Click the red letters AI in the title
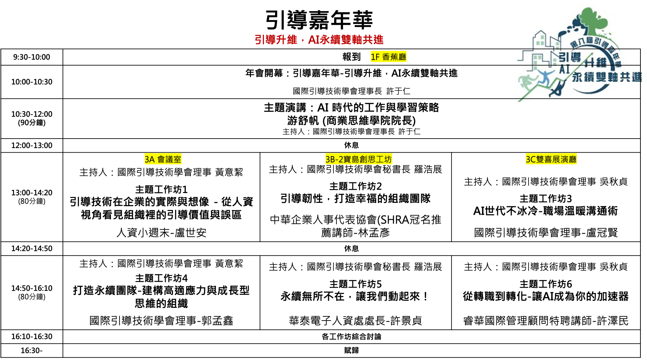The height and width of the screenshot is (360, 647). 314,40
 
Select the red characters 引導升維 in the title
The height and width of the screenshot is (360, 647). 276,40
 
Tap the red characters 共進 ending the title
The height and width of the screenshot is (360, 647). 373,40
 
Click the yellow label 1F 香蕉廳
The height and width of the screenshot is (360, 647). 388,57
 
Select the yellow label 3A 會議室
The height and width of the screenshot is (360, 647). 163,159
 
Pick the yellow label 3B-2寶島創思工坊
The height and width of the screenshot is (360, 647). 359,159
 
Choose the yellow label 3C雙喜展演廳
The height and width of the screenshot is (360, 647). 551,159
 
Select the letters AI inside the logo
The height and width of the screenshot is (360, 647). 564,69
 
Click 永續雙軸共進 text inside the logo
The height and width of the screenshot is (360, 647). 607,77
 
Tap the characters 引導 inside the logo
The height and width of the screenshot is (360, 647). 570,57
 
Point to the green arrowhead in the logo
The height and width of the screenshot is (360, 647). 591,54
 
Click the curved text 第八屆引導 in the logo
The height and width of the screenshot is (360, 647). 587,42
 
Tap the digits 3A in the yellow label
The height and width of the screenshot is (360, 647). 149,159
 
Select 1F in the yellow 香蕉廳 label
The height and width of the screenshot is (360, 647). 375,57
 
